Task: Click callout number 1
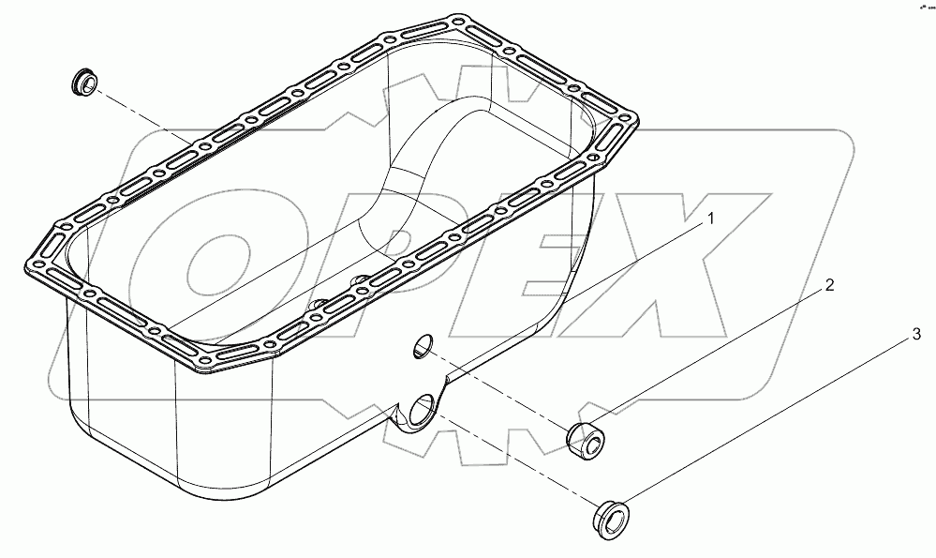point(710,219)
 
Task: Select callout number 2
point(830,284)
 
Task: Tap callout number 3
point(917,334)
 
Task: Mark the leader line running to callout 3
point(768,422)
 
